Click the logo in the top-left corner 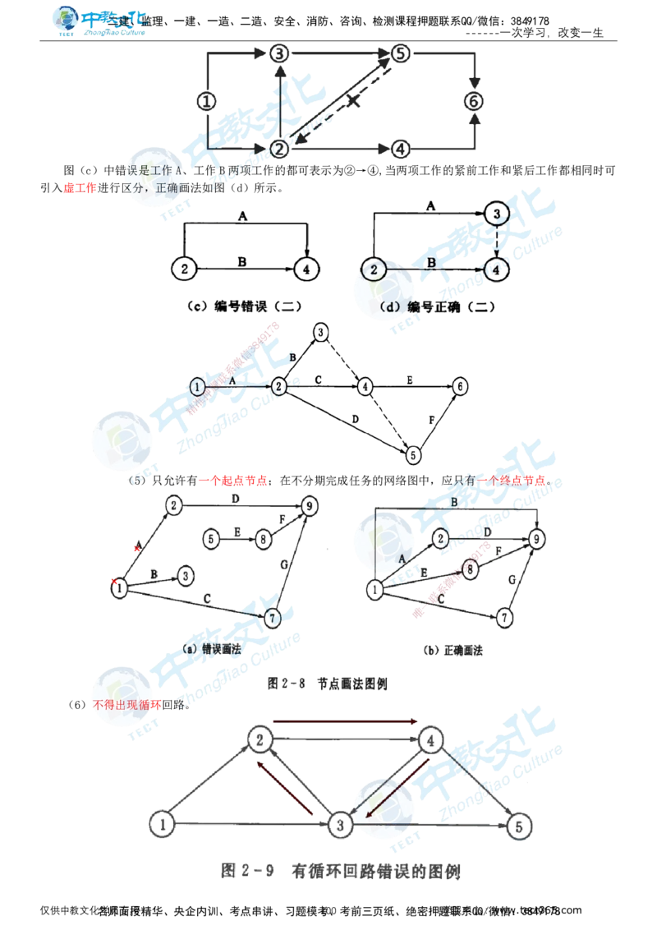[x=99, y=21]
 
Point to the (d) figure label [x=391, y=306]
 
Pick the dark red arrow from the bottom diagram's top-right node [x=394, y=780]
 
